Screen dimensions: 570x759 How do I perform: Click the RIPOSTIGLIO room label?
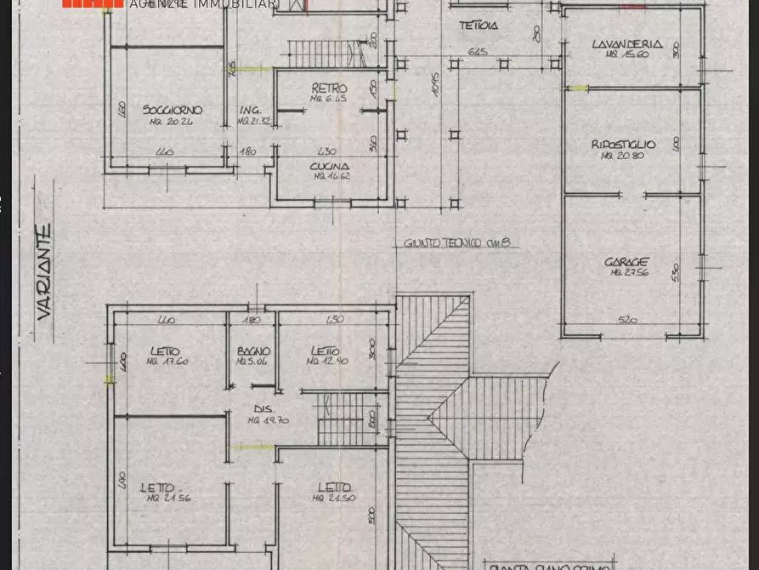(x=624, y=145)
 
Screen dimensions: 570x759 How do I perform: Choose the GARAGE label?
(x=629, y=262)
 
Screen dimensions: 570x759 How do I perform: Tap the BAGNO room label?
(x=253, y=351)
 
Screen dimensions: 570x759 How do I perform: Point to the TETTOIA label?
(x=479, y=26)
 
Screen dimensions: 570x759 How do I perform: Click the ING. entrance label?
(x=250, y=111)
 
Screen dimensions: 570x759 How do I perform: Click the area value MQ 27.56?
(x=629, y=273)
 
